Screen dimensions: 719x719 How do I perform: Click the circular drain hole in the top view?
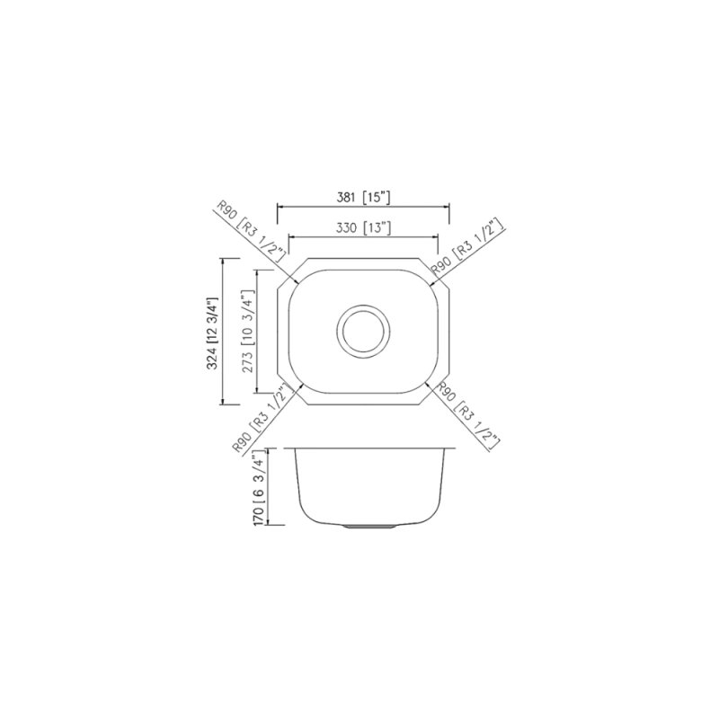(x=364, y=331)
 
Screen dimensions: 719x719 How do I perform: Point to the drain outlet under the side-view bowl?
(x=363, y=526)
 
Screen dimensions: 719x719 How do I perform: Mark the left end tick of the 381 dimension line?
(x=276, y=207)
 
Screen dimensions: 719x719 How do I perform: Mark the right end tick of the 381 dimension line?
(x=449, y=207)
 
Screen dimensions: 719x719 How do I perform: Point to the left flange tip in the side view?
(x=283, y=447)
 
